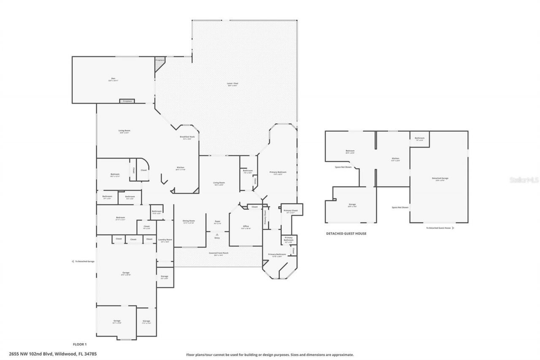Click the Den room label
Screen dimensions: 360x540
pos(113,79)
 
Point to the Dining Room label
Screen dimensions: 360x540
pos(189,222)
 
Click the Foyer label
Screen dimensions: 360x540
pos(218,222)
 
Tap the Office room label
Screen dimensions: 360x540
pos(246,227)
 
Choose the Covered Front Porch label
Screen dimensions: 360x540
pos(219,254)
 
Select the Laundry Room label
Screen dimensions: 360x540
pos(165,241)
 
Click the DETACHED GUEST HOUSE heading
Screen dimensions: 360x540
pos(346,233)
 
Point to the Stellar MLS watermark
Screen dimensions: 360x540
pos(524,179)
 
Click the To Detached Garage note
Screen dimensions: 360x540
pos(84,262)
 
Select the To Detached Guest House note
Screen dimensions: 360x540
pos(439,228)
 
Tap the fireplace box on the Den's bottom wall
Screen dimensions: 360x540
pos(127,101)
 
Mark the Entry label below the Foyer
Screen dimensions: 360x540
pos(217,238)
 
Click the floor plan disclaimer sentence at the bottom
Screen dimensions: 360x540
pos(270,355)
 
